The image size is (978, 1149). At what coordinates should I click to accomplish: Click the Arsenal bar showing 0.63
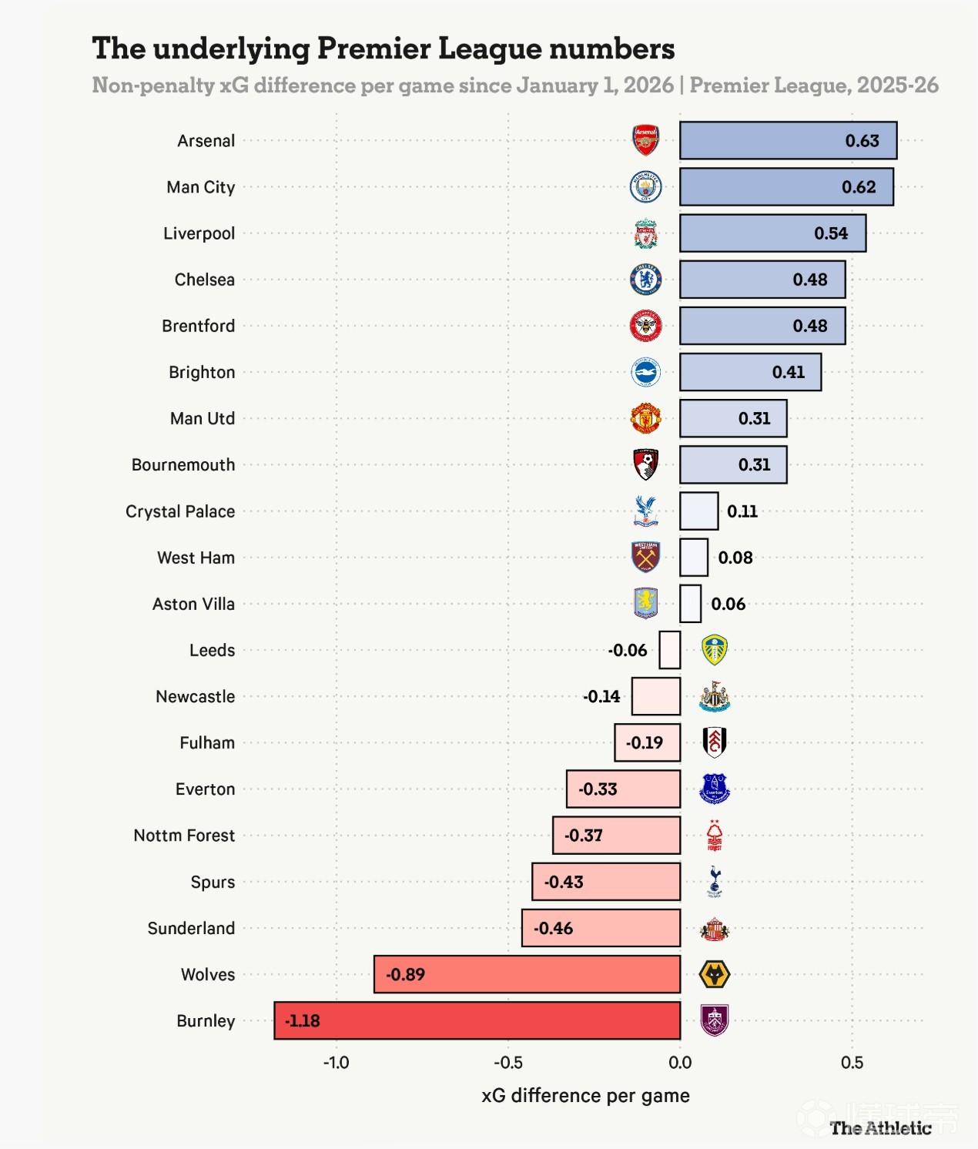(788, 141)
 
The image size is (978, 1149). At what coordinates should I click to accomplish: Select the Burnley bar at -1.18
(477, 1020)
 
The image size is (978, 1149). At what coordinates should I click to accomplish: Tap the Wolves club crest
(714, 974)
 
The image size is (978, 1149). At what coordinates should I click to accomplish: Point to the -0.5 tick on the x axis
(507, 1063)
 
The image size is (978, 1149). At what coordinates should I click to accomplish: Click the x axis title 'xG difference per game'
(585, 1096)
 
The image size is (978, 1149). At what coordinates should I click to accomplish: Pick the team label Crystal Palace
(180, 511)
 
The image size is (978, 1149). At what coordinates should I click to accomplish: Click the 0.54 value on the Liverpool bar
(831, 233)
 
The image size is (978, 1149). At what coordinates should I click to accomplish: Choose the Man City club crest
(645, 187)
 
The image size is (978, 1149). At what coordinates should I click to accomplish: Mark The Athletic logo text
(880, 1128)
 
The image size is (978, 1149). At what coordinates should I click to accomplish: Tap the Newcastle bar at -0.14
(655, 696)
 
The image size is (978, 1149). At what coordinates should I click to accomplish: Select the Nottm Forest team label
(184, 836)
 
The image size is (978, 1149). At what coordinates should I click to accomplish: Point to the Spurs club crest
(715, 882)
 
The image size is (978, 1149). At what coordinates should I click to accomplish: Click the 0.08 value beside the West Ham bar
(735, 558)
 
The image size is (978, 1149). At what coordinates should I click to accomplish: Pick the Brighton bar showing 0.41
(750, 372)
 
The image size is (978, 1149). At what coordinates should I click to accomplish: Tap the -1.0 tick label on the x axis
(336, 1063)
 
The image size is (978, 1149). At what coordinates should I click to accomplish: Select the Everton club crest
(715, 789)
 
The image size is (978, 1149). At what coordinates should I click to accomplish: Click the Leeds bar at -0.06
(670, 650)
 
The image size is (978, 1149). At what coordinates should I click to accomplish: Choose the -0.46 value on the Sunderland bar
(554, 928)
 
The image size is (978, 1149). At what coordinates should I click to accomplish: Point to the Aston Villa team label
(193, 604)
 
